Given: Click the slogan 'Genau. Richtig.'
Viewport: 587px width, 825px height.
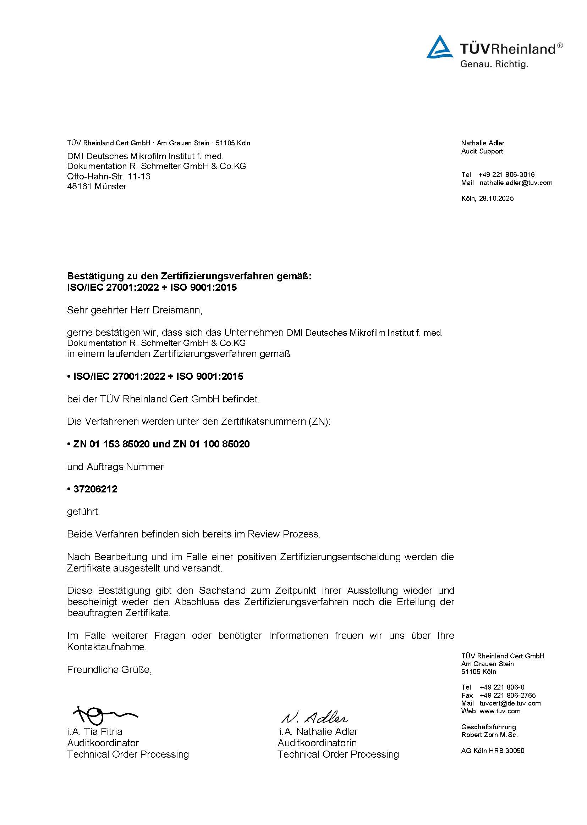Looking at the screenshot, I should tap(494, 65).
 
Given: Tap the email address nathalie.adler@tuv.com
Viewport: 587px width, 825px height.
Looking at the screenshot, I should tap(516, 183).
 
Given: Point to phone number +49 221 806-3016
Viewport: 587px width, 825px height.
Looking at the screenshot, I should tap(506, 174).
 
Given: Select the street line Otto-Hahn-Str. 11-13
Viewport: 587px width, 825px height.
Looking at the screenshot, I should tap(109, 177).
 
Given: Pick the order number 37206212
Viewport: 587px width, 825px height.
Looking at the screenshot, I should tap(95, 489).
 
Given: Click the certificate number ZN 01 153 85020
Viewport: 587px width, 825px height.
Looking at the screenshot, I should tap(111, 444).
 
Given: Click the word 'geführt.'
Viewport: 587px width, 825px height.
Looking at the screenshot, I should tap(83, 512).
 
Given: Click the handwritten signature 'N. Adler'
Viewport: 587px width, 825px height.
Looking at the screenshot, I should tap(314, 717).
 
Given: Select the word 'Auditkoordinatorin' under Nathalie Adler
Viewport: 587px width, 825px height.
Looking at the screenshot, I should tap(317, 743).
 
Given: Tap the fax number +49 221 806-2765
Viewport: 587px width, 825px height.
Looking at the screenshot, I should tap(508, 695).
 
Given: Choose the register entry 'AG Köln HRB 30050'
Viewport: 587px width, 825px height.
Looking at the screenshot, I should tap(492, 751).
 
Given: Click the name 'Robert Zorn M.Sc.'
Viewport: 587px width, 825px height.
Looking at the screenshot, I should tap(489, 735).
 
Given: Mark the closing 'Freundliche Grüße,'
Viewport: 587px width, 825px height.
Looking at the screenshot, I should tap(110, 670).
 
